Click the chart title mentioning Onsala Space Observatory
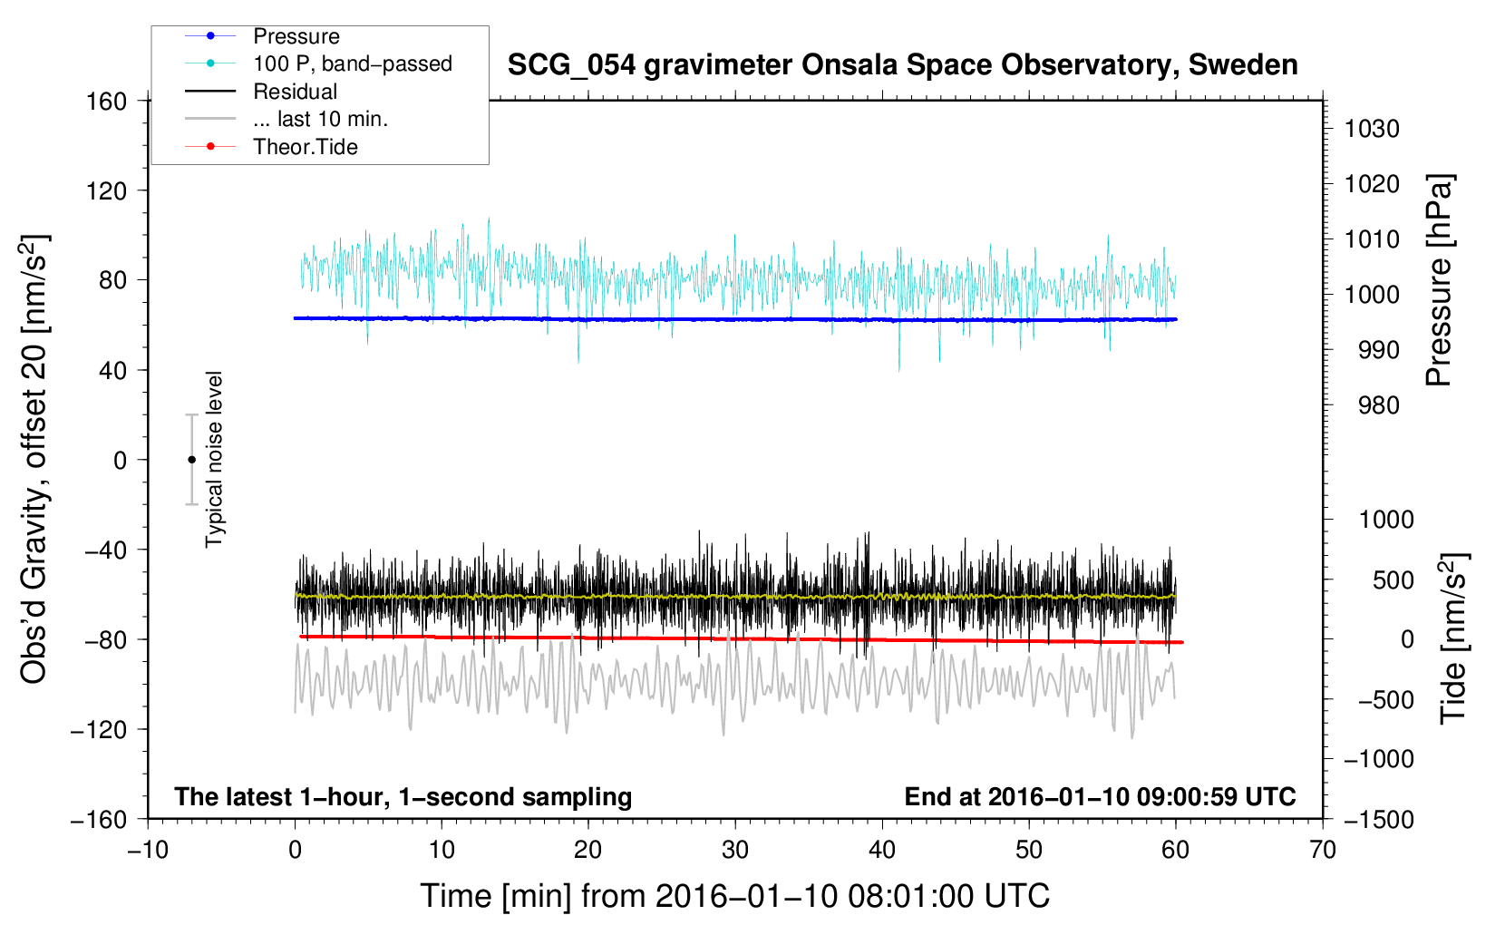point(902,65)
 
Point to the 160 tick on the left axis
point(107,102)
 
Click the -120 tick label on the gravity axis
point(99,729)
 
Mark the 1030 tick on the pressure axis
point(1372,129)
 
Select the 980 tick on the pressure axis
point(1379,405)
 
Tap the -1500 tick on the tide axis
point(1379,820)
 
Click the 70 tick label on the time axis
point(1323,850)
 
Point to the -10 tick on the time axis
point(148,850)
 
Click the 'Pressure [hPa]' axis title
point(1439,280)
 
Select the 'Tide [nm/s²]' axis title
point(1454,638)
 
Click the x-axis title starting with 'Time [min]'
point(735,896)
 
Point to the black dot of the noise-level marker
point(191,460)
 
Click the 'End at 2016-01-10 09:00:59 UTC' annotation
point(1100,796)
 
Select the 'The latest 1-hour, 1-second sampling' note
point(403,797)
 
